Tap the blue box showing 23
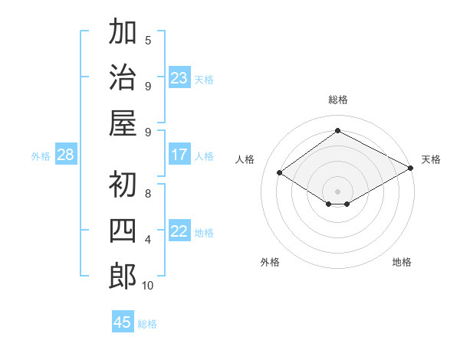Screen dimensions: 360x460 (x=179, y=77)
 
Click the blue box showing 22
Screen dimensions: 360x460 (x=179, y=231)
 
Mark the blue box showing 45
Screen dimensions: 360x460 (x=123, y=322)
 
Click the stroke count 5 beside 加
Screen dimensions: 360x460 (x=148, y=40)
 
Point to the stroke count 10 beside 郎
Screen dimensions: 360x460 (x=148, y=286)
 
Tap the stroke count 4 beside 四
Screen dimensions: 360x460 (x=148, y=240)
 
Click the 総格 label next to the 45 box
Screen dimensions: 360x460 (x=147, y=324)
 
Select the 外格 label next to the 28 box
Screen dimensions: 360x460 (x=41, y=156)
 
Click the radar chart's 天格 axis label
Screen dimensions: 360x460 (x=431, y=159)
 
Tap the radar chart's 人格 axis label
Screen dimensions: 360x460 (x=245, y=159)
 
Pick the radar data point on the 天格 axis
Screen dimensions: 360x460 (x=411, y=168)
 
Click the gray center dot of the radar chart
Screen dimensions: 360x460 (x=338, y=190)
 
